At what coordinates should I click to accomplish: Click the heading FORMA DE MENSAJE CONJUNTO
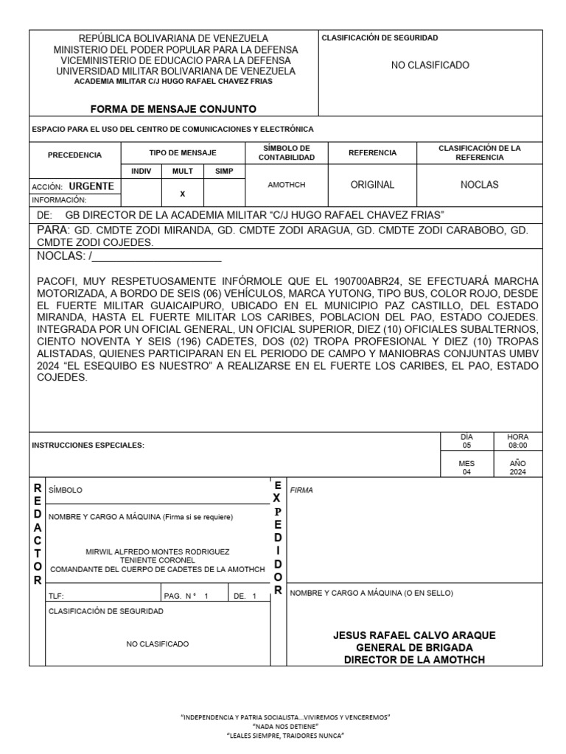173,109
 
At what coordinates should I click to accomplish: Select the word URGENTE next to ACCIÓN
91,186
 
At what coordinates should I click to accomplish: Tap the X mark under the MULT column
182,194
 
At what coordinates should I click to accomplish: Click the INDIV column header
140,171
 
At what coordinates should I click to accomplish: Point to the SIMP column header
223,171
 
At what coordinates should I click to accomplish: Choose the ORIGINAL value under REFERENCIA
372,185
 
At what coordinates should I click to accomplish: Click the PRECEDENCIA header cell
74,155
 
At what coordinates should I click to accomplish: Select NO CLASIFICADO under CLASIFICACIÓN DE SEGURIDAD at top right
430,66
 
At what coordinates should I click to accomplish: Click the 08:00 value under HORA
517,445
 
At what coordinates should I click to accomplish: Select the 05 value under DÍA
466,445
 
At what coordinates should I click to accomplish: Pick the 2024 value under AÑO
517,473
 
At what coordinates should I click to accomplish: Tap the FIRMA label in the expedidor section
301,490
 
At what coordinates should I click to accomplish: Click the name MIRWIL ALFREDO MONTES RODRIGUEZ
158,552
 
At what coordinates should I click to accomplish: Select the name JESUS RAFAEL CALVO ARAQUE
414,635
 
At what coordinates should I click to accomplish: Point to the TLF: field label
56,596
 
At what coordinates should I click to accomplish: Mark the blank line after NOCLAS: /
158,257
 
